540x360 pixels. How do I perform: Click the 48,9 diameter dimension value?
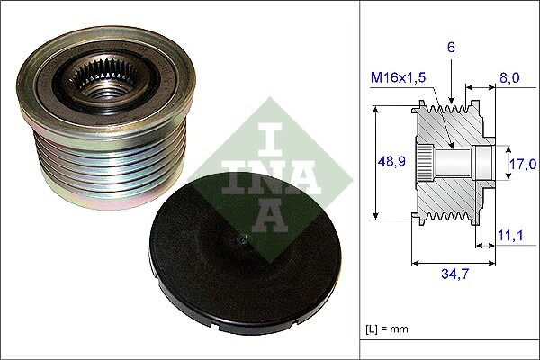390,163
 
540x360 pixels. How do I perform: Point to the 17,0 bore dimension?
522,164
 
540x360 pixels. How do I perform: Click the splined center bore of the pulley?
106,87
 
